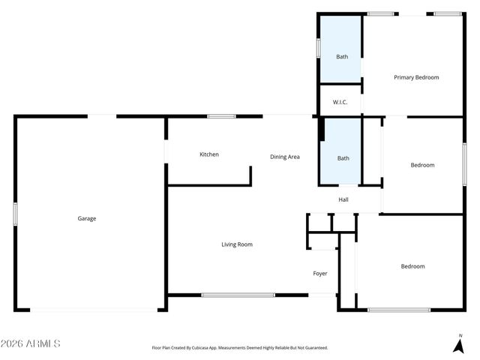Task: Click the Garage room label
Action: click(x=87, y=219)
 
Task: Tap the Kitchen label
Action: click(x=209, y=154)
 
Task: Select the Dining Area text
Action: click(x=285, y=157)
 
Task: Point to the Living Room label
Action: click(x=237, y=244)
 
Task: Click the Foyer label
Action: click(x=320, y=274)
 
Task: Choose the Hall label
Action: click(x=343, y=199)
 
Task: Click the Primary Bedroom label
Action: click(x=416, y=77)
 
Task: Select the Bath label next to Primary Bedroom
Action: click(x=342, y=57)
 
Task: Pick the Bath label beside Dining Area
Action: click(x=343, y=158)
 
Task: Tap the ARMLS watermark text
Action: click(x=31, y=343)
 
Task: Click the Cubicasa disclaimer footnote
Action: click(x=240, y=348)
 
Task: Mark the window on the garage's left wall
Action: click(x=15, y=213)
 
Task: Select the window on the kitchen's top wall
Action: click(x=221, y=116)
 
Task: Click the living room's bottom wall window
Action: click(x=238, y=295)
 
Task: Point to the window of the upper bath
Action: click(x=319, y=48)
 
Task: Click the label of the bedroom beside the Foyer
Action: click(x=412, y=266)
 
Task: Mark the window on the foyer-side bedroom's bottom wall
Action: click(x=398, y=310)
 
